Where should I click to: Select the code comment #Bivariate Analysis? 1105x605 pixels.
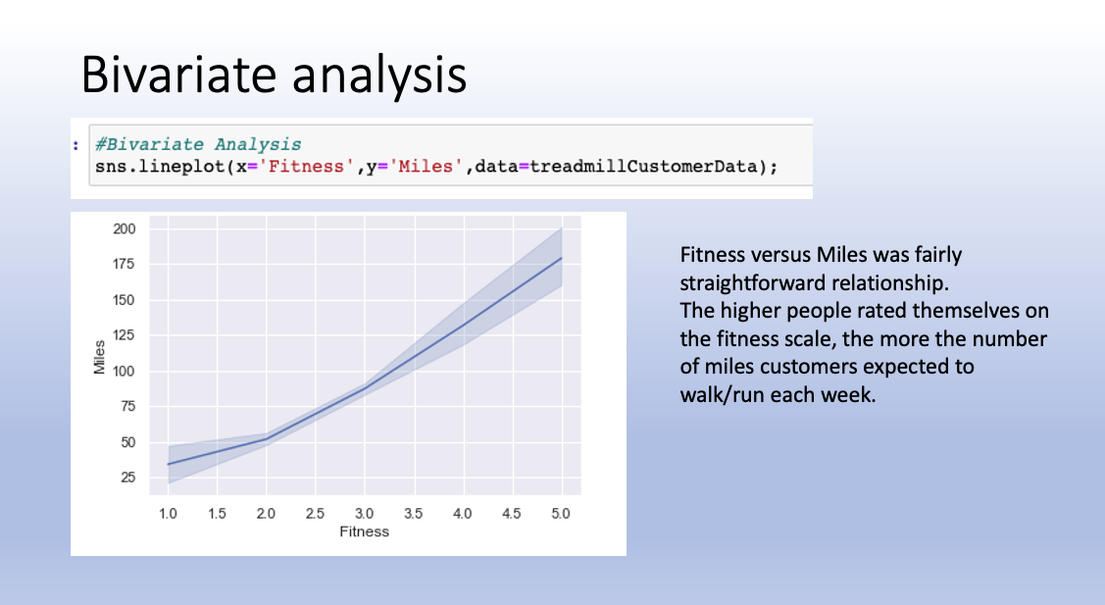pyautogui.click(x=198, y=144)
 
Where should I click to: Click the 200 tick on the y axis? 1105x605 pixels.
pyautogui.click(x=124, y=228)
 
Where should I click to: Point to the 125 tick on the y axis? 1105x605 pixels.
pyautogui.click(x=124, y=335)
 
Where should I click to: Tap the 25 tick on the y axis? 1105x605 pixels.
pyautogui.click(x=127, y=478)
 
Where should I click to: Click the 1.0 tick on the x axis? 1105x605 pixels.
pyautogui.click(x=168, y=513)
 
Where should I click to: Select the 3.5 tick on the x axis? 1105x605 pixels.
pyautogui.click(x=414, y=513)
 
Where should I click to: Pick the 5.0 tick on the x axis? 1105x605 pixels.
pyautogui.click(x=561, y=513)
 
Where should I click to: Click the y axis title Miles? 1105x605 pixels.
pyautogui.click(x=99, y=358)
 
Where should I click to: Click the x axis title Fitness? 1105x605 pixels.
pyautogui.click(x=364, y=532)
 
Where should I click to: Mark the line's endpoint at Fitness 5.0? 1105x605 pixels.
pyautogui.click(x=561, y=258)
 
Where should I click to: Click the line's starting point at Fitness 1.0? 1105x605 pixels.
pyautogui.click(x=169, y=464)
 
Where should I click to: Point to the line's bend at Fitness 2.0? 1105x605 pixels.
pyautogui.click(x=267, y=438)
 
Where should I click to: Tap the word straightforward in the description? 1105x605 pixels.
pyautogui.click(x=741, y=283)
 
